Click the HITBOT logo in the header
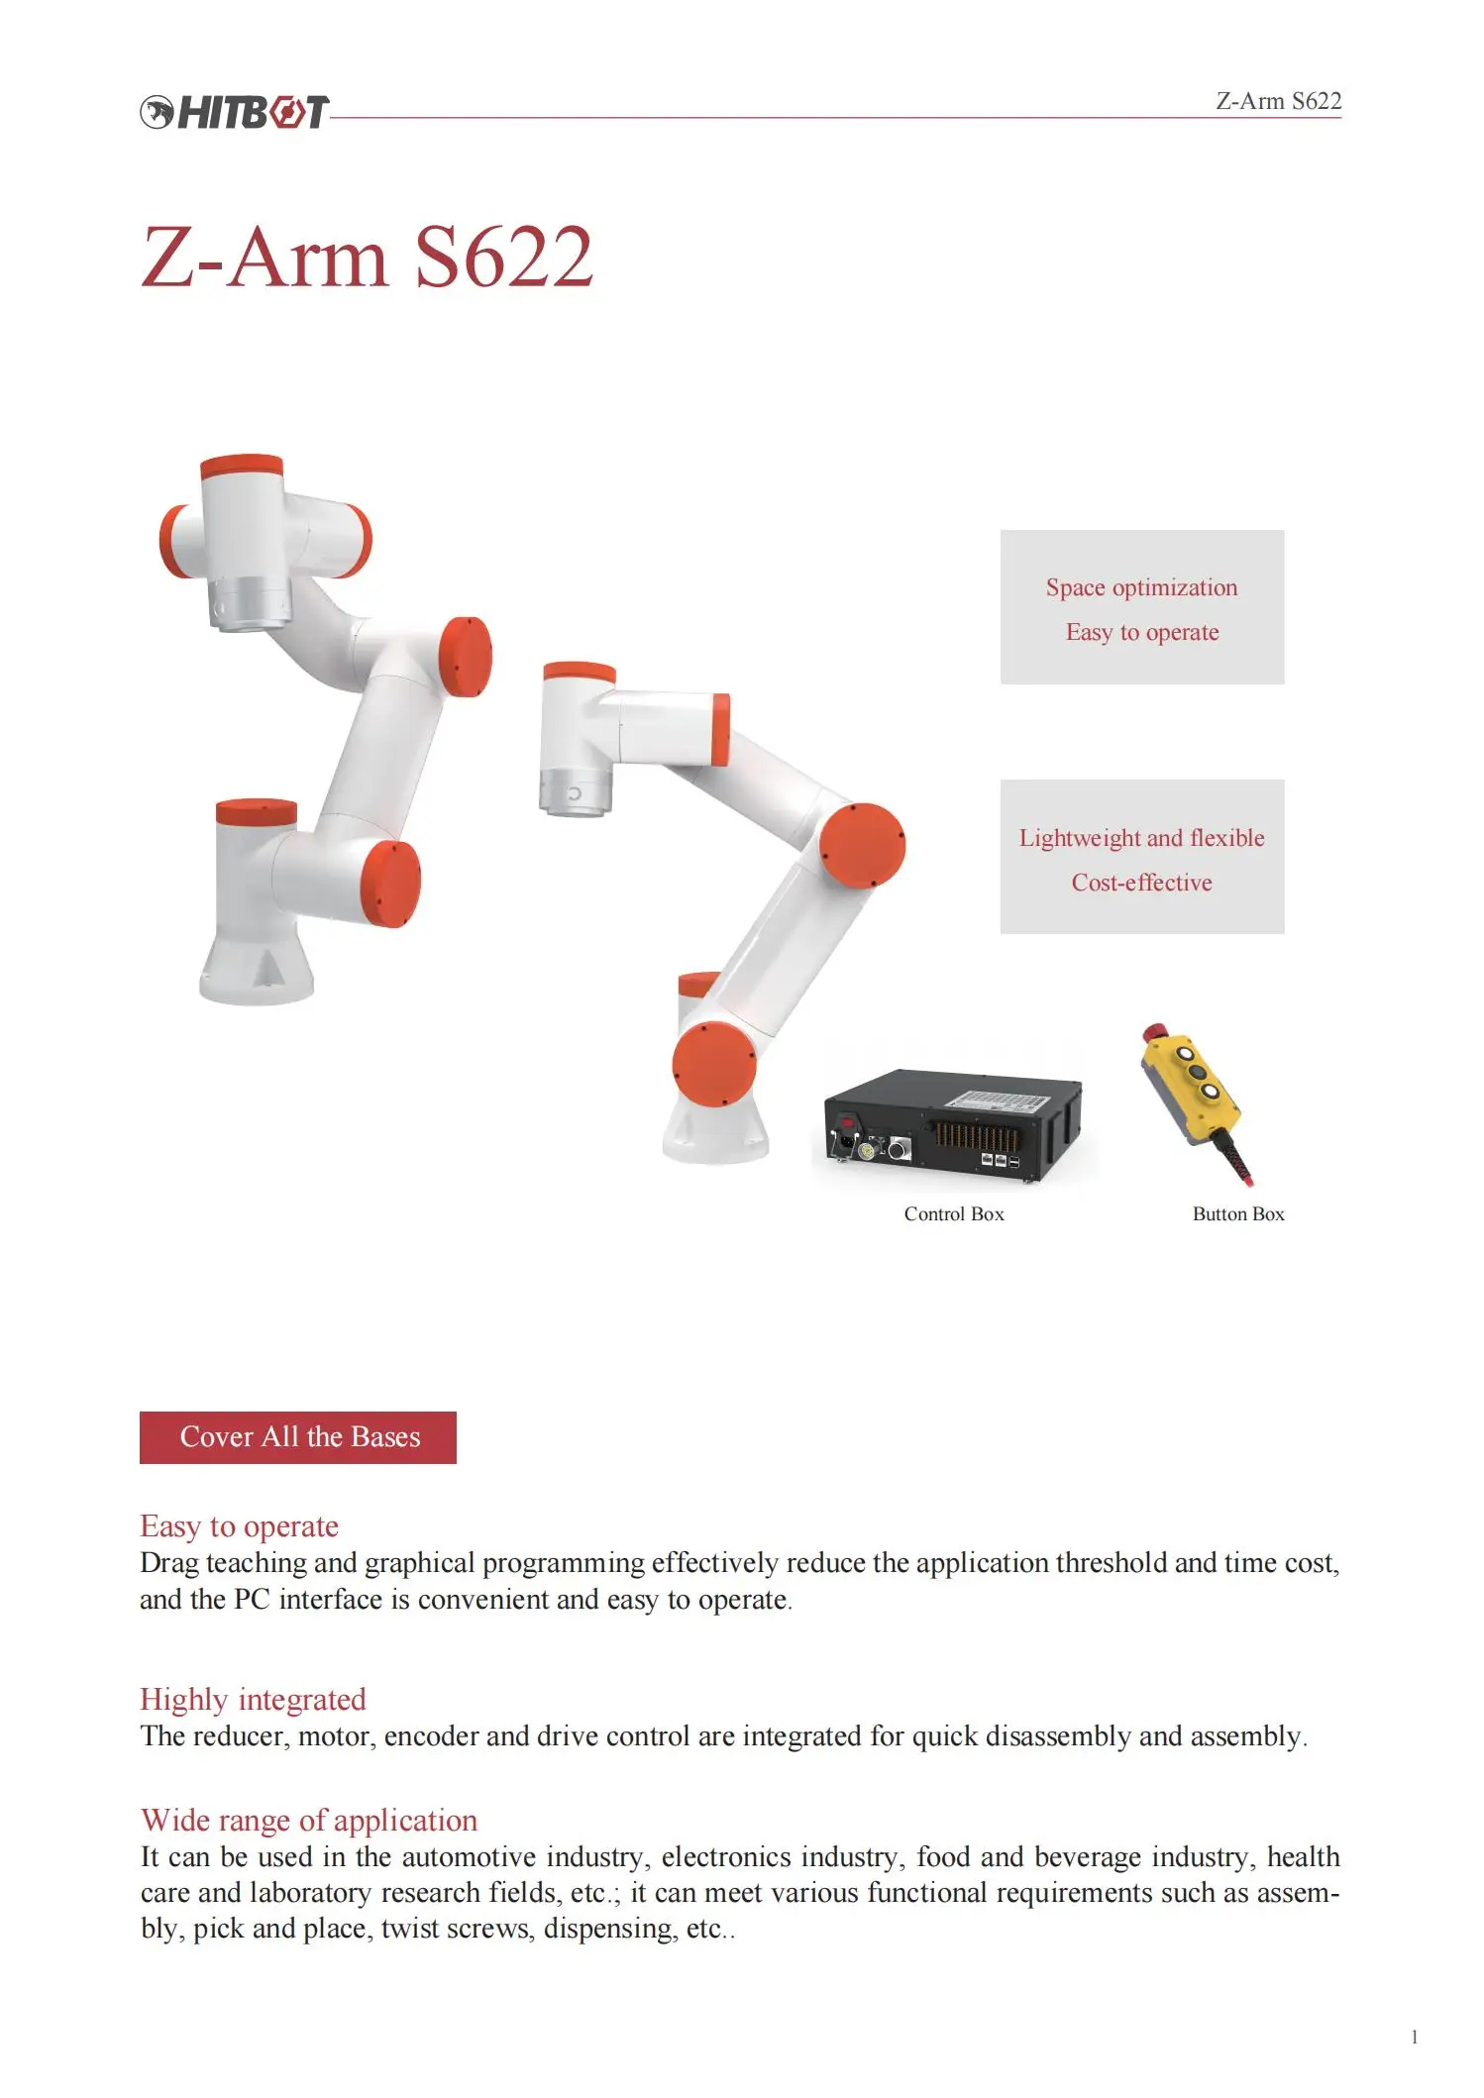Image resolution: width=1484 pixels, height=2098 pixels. pos(234,112)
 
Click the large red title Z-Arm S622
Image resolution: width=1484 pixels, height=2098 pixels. pos(367,257)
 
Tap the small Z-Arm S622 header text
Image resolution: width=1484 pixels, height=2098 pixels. pos(1278,101)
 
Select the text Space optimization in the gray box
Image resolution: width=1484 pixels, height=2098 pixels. pos(1141,587)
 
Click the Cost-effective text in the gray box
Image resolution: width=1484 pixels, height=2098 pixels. pos(1141,883)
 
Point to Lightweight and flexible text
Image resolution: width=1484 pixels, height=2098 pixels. pos(1141,838)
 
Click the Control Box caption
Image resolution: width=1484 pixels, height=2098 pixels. pos(953,1214)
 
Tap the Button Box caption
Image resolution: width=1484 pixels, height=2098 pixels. pos(1237,1214)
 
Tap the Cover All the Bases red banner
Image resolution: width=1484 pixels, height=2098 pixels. pos(298,1437)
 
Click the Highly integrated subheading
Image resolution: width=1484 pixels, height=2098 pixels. pos(253,1700)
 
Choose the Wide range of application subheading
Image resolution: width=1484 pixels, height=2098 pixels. pos(308,1821)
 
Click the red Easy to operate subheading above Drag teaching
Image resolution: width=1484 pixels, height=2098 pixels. pos(239,1526)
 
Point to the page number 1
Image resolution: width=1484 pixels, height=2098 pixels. pos(1414,2038)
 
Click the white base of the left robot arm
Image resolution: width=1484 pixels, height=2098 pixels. pos(257,966)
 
